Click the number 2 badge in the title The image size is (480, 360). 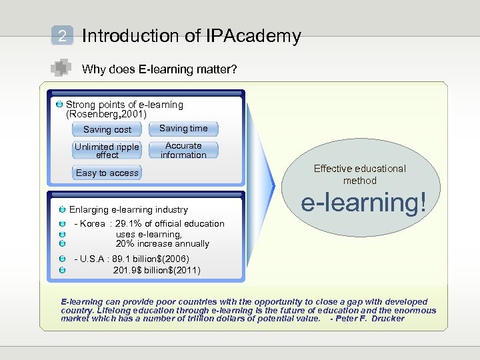click(62, 36)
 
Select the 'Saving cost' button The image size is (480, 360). click(107, 129)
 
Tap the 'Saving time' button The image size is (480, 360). click(183, 129)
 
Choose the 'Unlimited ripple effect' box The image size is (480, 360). click(107, 151)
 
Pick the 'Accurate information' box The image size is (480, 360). click(183, 150)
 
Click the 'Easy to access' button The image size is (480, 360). click(107, 173)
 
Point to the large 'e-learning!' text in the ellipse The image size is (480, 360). click(363, 203)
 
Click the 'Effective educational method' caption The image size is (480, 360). click(360, 175)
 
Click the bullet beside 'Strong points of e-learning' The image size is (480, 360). click(60, 105)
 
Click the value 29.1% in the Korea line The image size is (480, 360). click(128, 224)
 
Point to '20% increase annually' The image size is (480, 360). click(163, 244)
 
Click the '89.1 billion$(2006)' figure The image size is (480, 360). click(152, 259)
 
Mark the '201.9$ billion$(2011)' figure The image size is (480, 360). click(157, 270)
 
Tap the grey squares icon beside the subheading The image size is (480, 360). click(61, 67)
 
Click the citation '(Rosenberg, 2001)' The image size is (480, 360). click(106, 114)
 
